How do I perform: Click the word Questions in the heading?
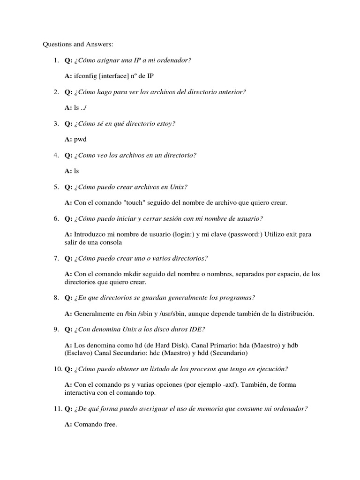coord(57,45)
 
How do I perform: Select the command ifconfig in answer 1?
coord(86,76)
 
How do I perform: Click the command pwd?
coord(81,140)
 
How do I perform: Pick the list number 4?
coord(55,155)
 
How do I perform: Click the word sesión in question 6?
coord(185,219)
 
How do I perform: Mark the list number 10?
coord(56,369)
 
